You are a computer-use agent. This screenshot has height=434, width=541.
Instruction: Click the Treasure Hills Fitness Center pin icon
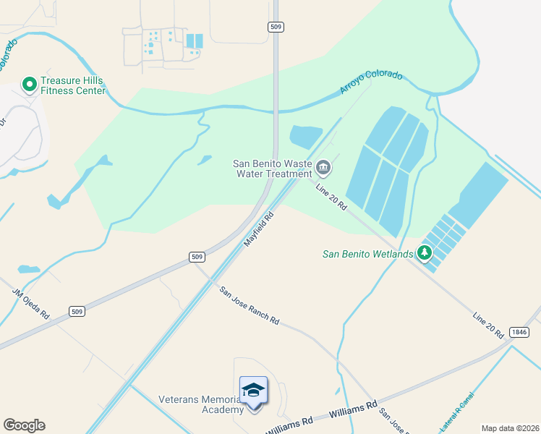30,85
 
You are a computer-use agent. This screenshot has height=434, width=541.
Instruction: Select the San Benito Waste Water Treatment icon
324,169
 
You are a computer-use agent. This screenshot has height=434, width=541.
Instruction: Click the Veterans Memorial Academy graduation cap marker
253,391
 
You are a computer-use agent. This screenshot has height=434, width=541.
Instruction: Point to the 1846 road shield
519,331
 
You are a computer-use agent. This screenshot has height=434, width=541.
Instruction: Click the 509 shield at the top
275,27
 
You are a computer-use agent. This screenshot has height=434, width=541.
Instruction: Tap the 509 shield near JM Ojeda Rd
78,312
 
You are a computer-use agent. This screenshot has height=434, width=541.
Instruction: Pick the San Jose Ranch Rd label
250,306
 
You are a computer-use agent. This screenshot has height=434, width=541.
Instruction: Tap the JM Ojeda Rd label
30,305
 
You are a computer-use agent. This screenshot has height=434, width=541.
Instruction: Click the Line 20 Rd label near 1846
488,326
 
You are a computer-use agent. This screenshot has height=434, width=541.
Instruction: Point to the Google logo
24,425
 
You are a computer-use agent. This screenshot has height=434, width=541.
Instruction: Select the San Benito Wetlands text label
367,254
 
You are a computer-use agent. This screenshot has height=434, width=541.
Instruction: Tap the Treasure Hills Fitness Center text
72,85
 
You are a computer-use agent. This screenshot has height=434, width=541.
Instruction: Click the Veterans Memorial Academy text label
201,405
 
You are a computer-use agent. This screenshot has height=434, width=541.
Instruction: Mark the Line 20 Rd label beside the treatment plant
332,197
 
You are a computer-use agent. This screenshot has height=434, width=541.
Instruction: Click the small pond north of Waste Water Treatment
306,136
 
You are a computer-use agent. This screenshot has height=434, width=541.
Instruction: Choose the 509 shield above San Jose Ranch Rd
197,256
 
